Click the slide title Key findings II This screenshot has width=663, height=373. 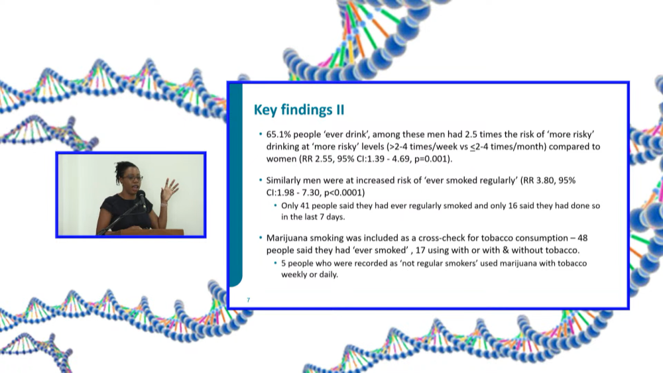click(x=299, y=110)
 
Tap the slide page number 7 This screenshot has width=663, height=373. click(x=248, y=300)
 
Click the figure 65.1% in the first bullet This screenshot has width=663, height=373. click(x=278, y=134)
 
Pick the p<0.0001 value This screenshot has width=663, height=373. click(x=345, y=193)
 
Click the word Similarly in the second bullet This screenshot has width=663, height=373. click(x=284, y=181)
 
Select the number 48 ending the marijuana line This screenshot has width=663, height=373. click(x=582, y=239)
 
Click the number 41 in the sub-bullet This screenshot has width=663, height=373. click(x=305, y=206)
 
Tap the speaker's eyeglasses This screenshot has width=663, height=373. click(x=133, y=178)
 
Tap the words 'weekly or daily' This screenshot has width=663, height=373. click(x=310, y=274)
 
